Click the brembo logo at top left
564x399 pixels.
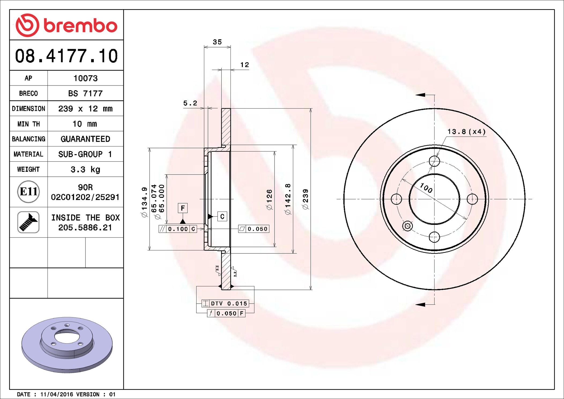click(66, 25)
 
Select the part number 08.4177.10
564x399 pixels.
click(66, 56)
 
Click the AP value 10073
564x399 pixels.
click(86, 78)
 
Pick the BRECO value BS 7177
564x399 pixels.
click(86, 93)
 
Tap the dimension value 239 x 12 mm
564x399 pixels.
click(86, 109)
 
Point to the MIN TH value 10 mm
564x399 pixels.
click(85, 124)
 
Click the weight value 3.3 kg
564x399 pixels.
click(86, 169)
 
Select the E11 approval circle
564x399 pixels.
click(28, 192)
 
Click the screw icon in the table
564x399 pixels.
click(28, 222)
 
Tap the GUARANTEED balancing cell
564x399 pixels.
click(86, 139)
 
